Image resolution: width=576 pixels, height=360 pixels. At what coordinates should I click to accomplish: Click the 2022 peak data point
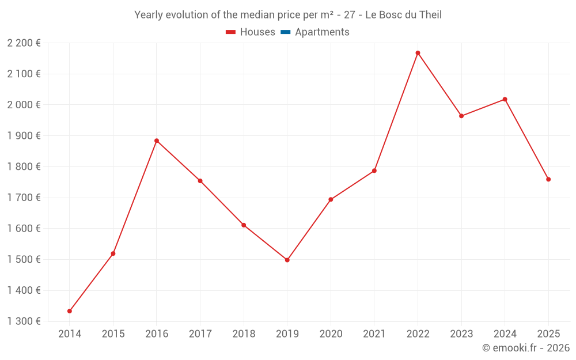coord(418,53)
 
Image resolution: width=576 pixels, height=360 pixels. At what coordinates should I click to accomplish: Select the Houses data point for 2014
coord(70,311)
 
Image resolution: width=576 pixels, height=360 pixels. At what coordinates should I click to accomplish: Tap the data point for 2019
coord(287,260)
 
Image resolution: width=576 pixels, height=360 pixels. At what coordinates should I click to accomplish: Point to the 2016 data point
coord(157,141)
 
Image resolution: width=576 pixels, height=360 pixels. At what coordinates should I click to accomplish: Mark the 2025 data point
coord(548,179)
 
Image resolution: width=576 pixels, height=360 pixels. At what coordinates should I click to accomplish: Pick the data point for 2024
coord(505,99)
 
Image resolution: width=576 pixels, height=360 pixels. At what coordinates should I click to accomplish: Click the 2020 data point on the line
coord(331,199)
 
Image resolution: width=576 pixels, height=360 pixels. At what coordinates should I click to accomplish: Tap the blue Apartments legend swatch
coord(285,32)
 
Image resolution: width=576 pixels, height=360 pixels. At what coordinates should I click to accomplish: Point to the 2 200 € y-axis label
coord(24,43)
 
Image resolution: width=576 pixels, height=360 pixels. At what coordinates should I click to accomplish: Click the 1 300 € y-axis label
coord(24,321)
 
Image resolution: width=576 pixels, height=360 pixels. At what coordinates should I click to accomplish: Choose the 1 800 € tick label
coord(24,167)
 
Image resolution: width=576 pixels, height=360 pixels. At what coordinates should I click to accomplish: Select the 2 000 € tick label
coord(24,105)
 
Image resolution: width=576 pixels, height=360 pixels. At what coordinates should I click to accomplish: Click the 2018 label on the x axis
coord(244,334)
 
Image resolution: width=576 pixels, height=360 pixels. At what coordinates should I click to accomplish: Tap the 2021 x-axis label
coord(374,334)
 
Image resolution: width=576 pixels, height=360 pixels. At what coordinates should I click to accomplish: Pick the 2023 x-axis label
coord(461,334)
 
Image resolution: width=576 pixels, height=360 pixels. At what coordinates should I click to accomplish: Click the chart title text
coord(288,15)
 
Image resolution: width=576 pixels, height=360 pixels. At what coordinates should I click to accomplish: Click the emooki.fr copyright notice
coord(526,348)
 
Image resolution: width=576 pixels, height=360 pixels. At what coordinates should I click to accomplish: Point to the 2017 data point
coord(200,181)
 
